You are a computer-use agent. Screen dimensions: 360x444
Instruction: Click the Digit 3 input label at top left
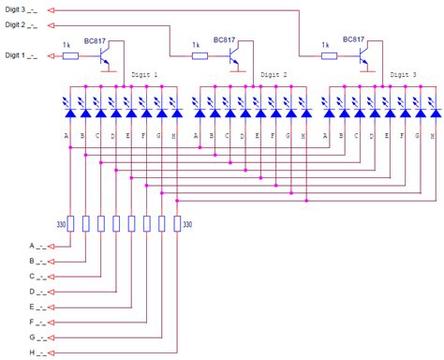click(21, 10)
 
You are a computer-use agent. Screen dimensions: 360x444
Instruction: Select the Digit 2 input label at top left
click(21, 25)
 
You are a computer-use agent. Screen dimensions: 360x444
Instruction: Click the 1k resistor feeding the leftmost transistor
click(70, 56)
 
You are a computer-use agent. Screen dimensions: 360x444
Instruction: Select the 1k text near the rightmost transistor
click(325, 44)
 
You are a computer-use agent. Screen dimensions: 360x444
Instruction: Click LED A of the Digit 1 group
click(69, 113)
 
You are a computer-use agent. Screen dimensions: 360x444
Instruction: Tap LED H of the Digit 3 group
click(434, 113)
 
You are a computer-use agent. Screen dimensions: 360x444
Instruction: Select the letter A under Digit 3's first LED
click(326, 136)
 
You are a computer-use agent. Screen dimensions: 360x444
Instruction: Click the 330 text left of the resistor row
click(60, 224)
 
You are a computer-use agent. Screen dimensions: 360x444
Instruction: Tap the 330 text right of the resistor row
click(188, 224)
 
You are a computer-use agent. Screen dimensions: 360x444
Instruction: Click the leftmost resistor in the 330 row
click(70, 223)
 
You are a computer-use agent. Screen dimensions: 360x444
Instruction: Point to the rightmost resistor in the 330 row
click(175, 223)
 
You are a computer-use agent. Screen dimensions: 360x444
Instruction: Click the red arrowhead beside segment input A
click(52, 247)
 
